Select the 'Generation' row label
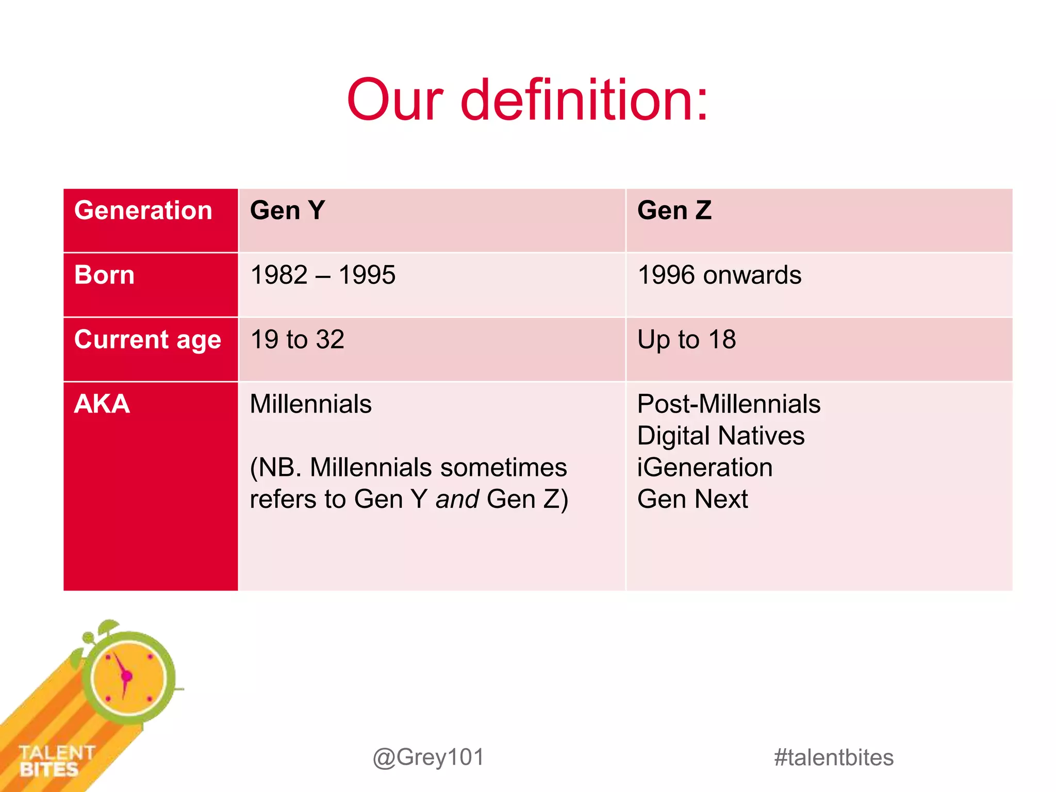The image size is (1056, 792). [x=143, y=210]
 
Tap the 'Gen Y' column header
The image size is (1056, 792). [x=287, y=210]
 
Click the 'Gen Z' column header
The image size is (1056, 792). [x=674, y=210]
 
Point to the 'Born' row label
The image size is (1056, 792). [x=104, y=275]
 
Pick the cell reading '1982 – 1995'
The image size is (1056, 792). [x=323, y=275]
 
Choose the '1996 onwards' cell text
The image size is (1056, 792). [x=719, y=275]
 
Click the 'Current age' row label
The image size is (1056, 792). [x=147, y=340]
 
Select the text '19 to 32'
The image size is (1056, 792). [x=297, y=340]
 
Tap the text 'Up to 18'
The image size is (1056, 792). [x=686, y=340]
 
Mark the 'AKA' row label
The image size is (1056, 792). [x=102, y=404]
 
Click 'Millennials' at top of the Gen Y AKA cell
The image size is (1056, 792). [x=310, y=404]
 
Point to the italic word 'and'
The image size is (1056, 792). [x=457, y=499]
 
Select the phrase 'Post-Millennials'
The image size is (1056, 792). [x=729, y=404]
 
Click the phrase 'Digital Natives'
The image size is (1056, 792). [x=720, y=436]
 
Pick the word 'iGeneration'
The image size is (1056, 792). [x=705, y=468]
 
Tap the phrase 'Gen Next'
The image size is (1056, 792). [x=692, y=499]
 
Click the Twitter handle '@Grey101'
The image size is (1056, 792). [x=428, y=757]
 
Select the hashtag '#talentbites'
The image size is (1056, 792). [x=833, y=757]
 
